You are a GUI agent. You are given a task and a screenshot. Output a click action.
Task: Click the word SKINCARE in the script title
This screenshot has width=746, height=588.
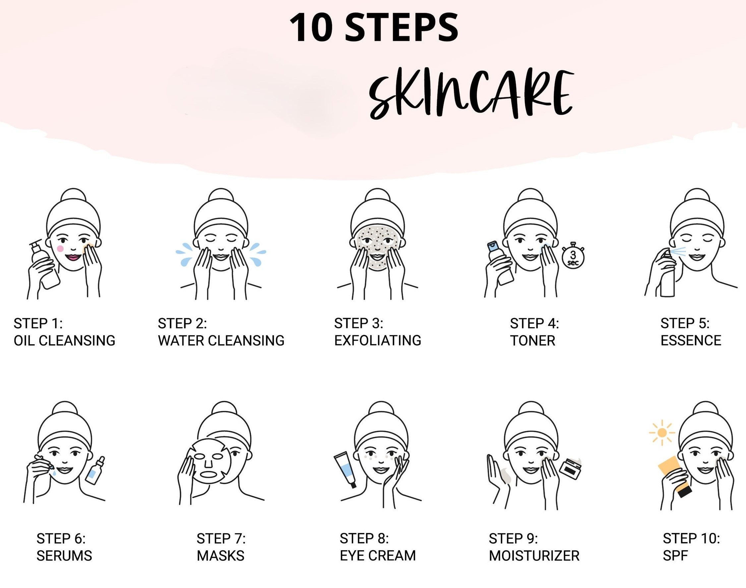tap(471, 94)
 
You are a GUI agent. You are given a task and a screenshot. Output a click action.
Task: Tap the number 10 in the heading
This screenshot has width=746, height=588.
tap(311, 27)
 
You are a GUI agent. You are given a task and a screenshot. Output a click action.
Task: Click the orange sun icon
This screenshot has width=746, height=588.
tap(661, 433)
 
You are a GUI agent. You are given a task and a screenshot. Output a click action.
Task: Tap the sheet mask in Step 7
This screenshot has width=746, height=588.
tap(209, 460)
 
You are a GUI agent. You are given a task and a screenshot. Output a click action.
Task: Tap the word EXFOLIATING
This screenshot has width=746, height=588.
tap(378, 341)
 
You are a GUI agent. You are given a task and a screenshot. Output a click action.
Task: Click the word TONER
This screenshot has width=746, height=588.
tap(533, 341)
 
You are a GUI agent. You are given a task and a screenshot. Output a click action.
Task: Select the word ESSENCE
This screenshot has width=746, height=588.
tap(691, 341)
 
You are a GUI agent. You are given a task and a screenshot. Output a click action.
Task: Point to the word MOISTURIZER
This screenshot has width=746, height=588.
tap(534, 556)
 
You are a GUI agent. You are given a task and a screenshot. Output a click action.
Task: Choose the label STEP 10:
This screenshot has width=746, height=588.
tap(691, 538)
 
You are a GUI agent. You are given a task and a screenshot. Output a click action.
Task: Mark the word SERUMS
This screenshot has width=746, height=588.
tap(64, 556)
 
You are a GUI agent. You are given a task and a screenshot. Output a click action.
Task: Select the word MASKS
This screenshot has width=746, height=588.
tap(220, 556)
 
